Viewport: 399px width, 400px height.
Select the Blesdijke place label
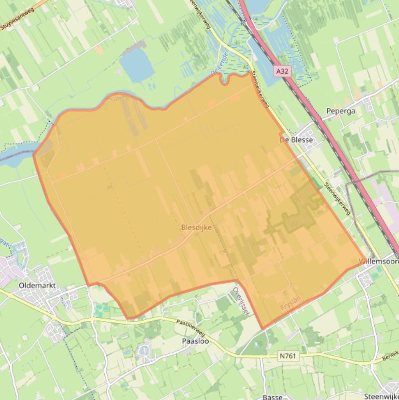coord(196,228)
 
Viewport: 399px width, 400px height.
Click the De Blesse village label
coord(296,140)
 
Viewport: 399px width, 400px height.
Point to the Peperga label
coord(340,111)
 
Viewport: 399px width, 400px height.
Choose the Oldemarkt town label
coord(37,285)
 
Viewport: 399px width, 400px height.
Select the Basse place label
coord(272,397)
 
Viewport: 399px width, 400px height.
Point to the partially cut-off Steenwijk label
coord(381,396)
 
